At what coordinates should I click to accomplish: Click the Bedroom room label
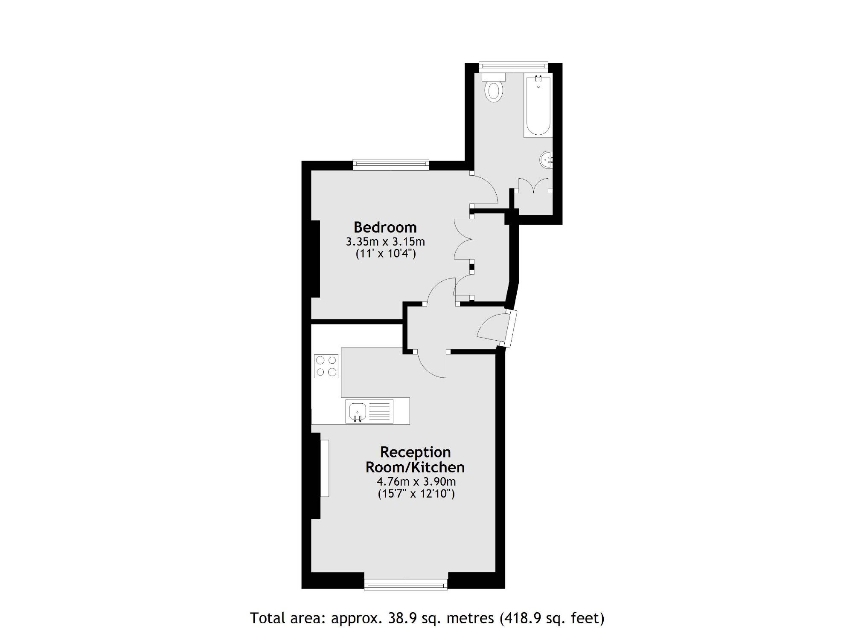[x=385, y=227]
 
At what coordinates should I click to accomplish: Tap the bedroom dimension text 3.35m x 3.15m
[x=385, y=242]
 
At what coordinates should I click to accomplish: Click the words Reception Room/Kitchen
[x=415, y=460]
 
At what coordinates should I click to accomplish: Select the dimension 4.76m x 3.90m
[x=416, y=482]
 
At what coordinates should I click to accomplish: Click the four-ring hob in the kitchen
[x=326, y=366]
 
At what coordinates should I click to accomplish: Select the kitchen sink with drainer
[x=369, y=411]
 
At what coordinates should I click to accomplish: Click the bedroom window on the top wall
[x=391, y=164]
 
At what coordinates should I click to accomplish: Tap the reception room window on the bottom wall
[x=405, y=585]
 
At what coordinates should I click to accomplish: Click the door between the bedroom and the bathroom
[x=484, y=188]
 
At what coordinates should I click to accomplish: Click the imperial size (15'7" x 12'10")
[x=416, y=494]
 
